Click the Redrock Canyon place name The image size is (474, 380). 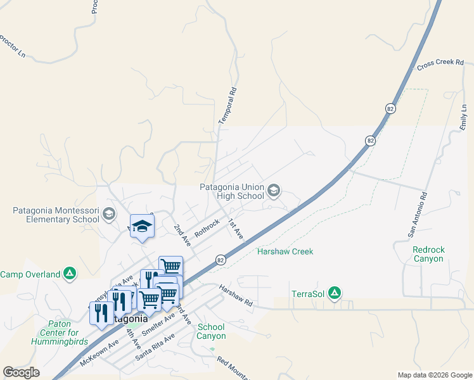(428, 254)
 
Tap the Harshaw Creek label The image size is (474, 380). (285, 251)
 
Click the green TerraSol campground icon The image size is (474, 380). (335, 293)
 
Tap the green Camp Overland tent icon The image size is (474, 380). (70, 274)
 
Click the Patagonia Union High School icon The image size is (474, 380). (274, 190)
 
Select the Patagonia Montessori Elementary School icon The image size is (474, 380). (109, 215)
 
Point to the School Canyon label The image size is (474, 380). (211, 331)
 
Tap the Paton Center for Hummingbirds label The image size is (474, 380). (54, 332)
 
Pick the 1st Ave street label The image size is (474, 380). (236, 229)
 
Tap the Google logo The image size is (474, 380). (21, 372)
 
